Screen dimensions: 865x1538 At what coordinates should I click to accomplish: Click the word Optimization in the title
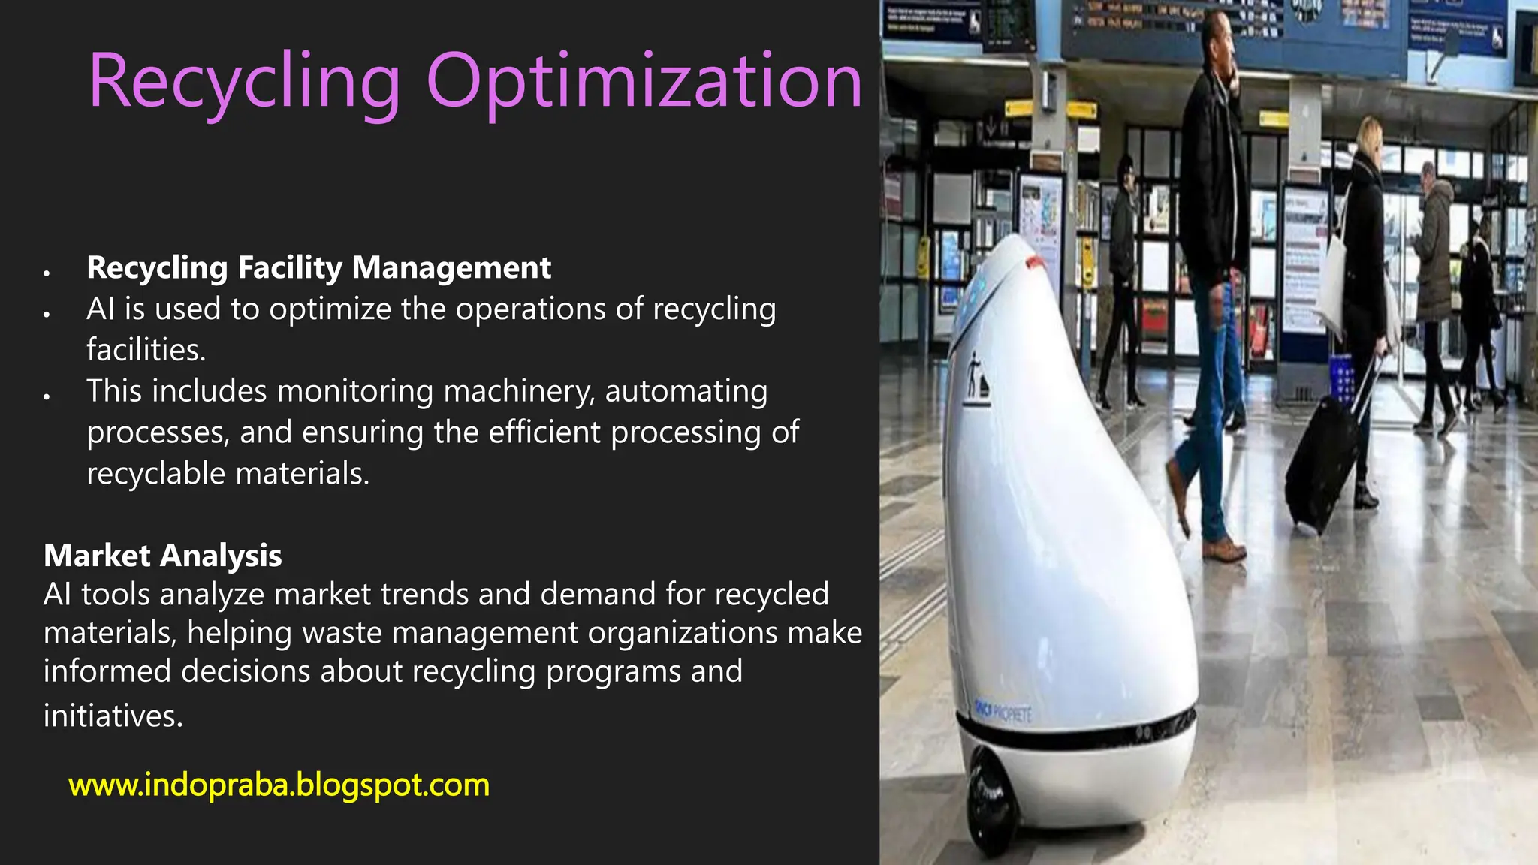[x=644, y=81]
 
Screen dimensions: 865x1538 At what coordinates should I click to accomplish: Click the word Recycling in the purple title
[x=245, y=81]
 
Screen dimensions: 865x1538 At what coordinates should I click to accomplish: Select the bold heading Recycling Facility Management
[x=318, y=268]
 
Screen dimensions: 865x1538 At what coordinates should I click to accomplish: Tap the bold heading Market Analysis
[x=162, y=556]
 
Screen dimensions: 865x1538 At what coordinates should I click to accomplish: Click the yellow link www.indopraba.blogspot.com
[x=279, y=785]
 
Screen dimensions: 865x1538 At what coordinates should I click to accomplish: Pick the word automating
[x=686, y=391]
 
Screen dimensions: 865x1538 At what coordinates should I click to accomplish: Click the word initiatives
[x=113, y=716]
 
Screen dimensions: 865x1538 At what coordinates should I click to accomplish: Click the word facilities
[x=146, y=350]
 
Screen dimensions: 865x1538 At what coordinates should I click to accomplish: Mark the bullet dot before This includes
[x=47, y=396]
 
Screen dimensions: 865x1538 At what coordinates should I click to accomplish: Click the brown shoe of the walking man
[x=1224, y=552]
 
